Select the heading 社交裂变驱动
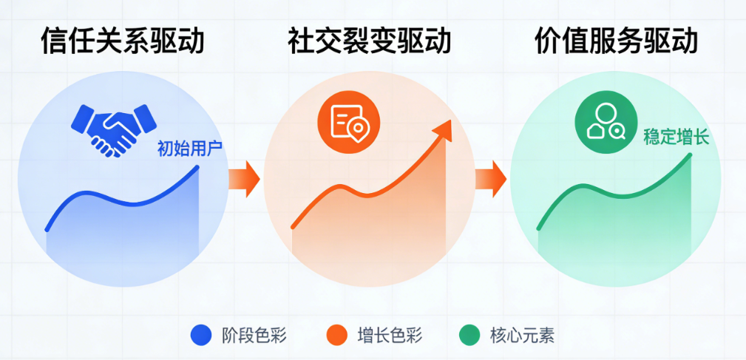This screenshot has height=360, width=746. point(369,41)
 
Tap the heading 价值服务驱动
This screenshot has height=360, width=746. point(616,41)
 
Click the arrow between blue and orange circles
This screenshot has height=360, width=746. point(244,180)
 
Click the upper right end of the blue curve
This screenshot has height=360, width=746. point(198,166)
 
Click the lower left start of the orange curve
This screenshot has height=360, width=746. point(294,227)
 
